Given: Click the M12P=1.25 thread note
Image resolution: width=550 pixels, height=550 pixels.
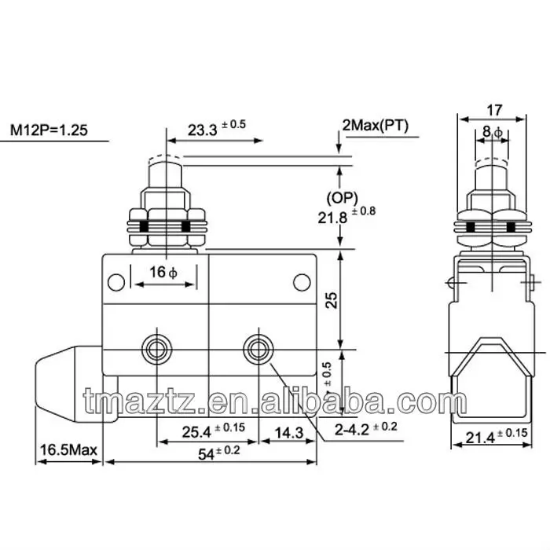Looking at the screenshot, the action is (x=49, y=130).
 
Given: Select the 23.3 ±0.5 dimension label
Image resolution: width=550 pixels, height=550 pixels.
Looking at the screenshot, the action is (x=217, y=128).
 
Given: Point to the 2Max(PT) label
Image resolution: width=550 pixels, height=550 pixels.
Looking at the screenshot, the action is (x=376, y=125).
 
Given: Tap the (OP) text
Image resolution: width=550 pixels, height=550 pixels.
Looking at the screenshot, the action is (x=342, y=198).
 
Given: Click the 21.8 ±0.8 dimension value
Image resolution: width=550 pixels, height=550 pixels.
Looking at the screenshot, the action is (x=346, y=215).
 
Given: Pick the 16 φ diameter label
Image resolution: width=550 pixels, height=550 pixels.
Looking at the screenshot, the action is (x=163, y=272).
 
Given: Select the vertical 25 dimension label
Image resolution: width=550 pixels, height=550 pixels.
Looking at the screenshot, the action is (x=332, y=300).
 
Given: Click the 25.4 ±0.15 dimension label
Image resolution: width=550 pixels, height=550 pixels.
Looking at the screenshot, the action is (x=213, y=431).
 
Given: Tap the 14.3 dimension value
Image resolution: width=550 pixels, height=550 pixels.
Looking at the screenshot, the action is (x=288, y=433).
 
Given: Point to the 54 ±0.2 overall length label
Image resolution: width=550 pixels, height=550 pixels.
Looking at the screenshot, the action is (x=219, y=453).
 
